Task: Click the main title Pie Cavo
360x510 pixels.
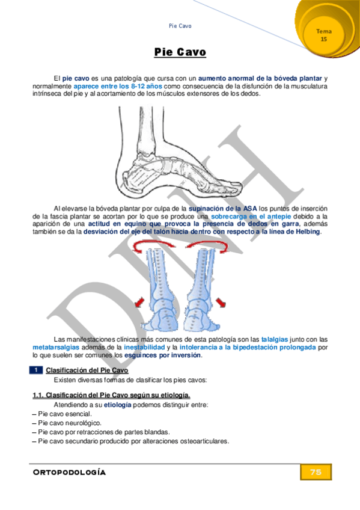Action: click(x=180, y=52)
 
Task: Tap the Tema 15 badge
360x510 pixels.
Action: click(x=324, y=35)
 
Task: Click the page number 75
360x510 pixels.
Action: click(x=316, y=472)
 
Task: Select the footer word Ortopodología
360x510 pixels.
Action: click(x=69, y=472)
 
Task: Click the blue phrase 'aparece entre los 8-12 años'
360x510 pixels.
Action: click(x=118, y=86)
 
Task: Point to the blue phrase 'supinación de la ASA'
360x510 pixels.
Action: click(x=222, y=208)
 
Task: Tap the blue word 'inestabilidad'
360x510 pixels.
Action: click(x=143, y=347)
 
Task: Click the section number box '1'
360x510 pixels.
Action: click(x=37, y=370)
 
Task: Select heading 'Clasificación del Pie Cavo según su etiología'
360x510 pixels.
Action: click(x=111, y=395)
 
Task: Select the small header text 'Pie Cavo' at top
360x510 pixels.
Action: click(x=180, y=26)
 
